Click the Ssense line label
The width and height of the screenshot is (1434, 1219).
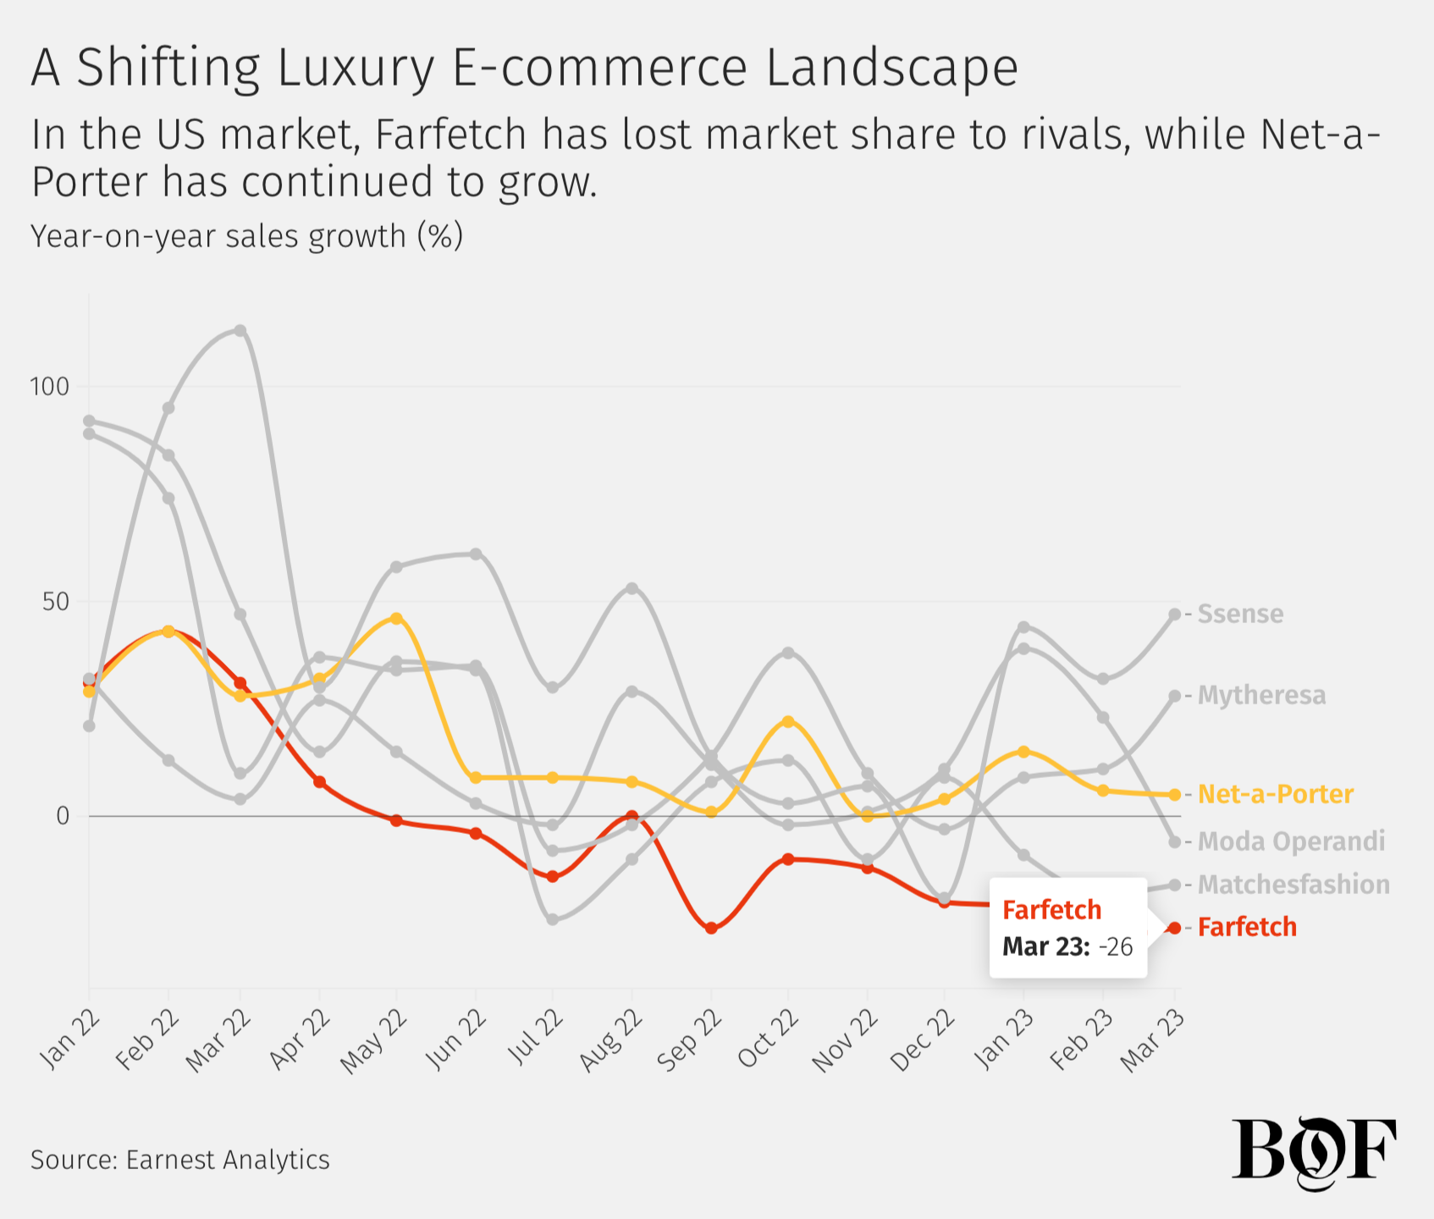[1240, 614]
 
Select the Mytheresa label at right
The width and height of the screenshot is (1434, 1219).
[1261, 695]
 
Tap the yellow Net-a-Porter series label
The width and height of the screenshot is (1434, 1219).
[1276, 794]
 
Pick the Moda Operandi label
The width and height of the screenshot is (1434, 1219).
[1291, 841]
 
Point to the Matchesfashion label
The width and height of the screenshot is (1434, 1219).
[1293, 885]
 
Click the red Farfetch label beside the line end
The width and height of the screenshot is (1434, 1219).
[1247, 927]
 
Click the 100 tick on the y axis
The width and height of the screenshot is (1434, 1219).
[49, 387]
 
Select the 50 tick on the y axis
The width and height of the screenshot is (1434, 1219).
[55, 602]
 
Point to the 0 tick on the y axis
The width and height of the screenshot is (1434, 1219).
[63, 816]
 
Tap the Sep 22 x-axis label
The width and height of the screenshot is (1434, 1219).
[691, 1040]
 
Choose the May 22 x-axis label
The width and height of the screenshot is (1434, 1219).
[374, 1042]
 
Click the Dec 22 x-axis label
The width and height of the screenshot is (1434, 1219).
[924, 1041]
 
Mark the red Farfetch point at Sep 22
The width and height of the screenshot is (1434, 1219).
[711, 928]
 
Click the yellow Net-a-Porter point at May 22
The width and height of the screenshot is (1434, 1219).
[396, 619]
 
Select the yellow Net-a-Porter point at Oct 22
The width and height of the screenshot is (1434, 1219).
[788, 721]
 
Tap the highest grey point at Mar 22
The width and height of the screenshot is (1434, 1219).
[240, 330]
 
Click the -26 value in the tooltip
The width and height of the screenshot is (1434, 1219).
[1116, 946]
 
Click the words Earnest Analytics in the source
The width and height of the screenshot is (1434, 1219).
[228, 1159]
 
